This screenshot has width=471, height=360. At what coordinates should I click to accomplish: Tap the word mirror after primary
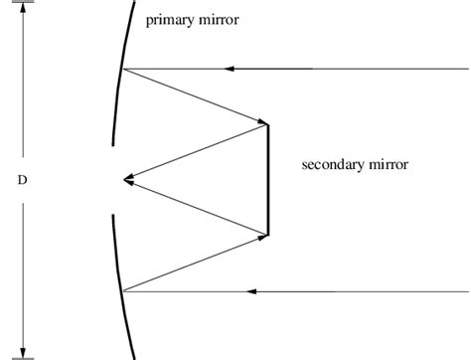tap(219, 20)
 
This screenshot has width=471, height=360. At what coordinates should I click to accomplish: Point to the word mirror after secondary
tap(391, 164)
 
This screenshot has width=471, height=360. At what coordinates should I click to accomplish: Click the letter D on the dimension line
tap(22, 181)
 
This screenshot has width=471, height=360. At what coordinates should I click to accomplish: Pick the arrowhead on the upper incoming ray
tap(230, 69)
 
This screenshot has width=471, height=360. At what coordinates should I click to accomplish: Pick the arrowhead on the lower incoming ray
tap(250, 291)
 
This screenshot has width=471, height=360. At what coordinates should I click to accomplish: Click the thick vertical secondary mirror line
tap(268, 180)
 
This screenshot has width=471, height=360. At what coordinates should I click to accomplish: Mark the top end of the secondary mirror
tap(268, 124)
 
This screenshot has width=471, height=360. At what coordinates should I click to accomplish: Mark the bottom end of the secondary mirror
tap(268, 236)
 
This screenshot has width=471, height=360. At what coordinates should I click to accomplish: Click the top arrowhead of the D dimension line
tap(22, 9)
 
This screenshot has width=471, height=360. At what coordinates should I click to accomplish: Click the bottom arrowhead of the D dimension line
tap(22, 351)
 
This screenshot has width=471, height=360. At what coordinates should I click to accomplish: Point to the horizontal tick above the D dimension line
tap(22, 3)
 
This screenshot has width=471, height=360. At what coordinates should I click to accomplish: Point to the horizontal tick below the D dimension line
tap(22, 357)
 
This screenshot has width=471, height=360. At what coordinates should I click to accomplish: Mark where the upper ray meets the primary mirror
tap(121, 69)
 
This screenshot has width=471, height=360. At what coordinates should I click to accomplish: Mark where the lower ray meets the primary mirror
tap(121, 291)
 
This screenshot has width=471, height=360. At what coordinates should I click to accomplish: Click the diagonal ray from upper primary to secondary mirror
tap(195, 96)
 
